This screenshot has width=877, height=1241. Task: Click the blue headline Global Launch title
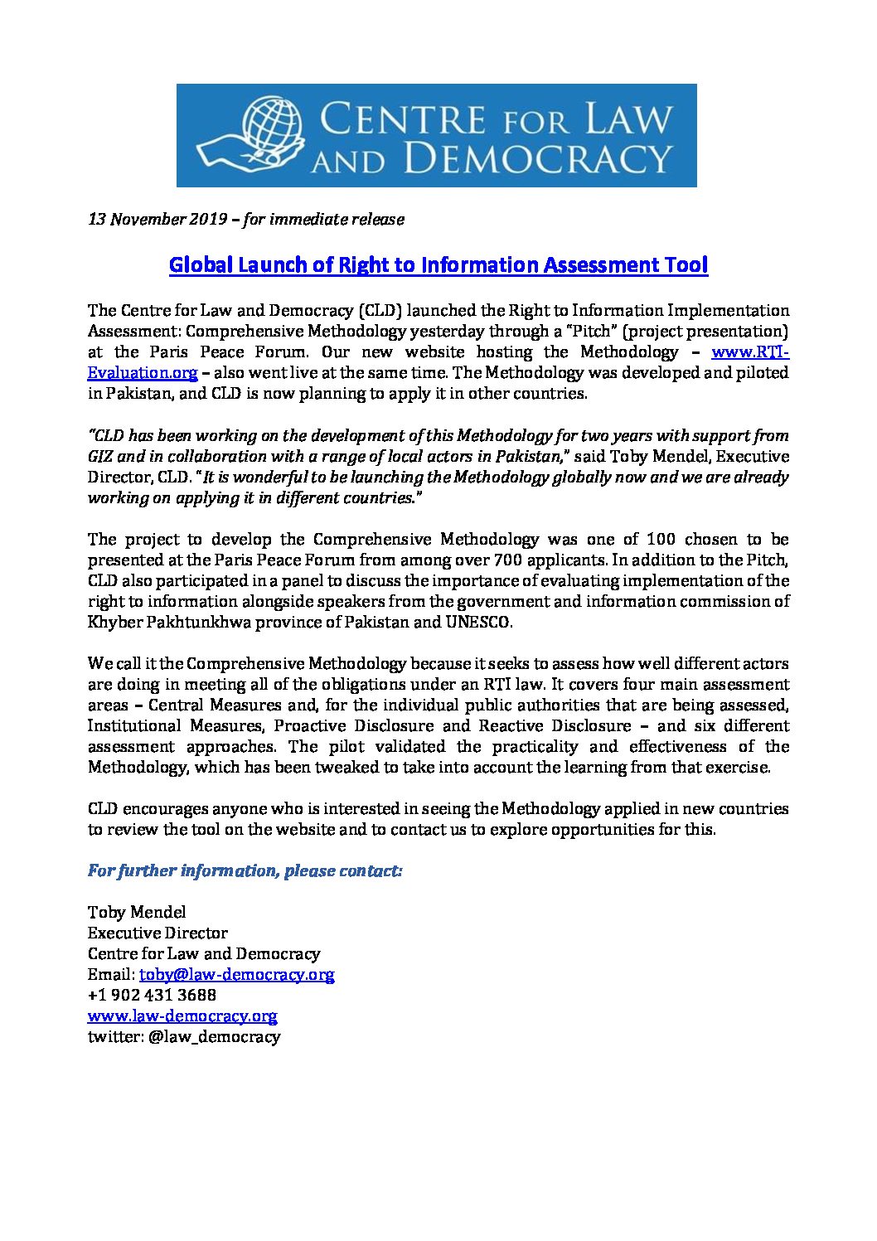[438, 265]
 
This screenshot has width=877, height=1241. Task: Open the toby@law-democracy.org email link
[236, 974]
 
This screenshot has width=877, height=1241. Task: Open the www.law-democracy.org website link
[182, 1016]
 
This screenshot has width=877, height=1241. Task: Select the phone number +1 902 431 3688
[152, 995]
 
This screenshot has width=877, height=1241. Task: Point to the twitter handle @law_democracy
[213, 1036]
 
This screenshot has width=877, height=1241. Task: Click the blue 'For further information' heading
[245, 870]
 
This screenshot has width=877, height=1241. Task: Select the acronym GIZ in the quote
[103, 456]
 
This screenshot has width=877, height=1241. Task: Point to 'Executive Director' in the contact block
[157, 933]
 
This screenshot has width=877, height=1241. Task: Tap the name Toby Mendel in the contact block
[137, 912]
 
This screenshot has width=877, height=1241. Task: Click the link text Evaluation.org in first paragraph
[143, 373]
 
